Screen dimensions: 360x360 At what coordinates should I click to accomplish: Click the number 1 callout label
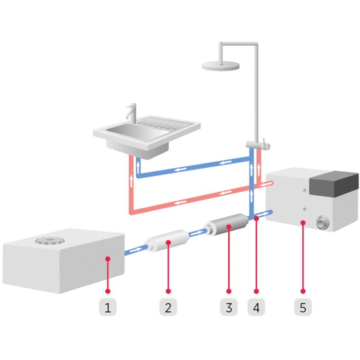pos(108,308)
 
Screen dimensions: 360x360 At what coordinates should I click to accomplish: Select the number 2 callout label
pos(168,308)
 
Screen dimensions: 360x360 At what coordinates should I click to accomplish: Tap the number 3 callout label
pos(229,308)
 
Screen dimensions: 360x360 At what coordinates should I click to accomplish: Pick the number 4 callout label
pos(256,308)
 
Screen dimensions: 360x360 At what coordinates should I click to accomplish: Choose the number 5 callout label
pos(303,308)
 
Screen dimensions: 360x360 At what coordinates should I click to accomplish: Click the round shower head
pos(221,65)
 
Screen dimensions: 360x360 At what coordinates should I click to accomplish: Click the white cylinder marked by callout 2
pos(168,241)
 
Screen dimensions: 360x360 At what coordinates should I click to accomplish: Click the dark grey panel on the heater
pos(334,182)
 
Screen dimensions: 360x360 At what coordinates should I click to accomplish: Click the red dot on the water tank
pos(108,259)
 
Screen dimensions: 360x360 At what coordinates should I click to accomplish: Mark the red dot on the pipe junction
pos(257,219)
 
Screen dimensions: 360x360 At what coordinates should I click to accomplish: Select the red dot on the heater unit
pos(303,222)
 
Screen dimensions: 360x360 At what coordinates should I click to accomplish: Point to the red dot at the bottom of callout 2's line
pos(168,290)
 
